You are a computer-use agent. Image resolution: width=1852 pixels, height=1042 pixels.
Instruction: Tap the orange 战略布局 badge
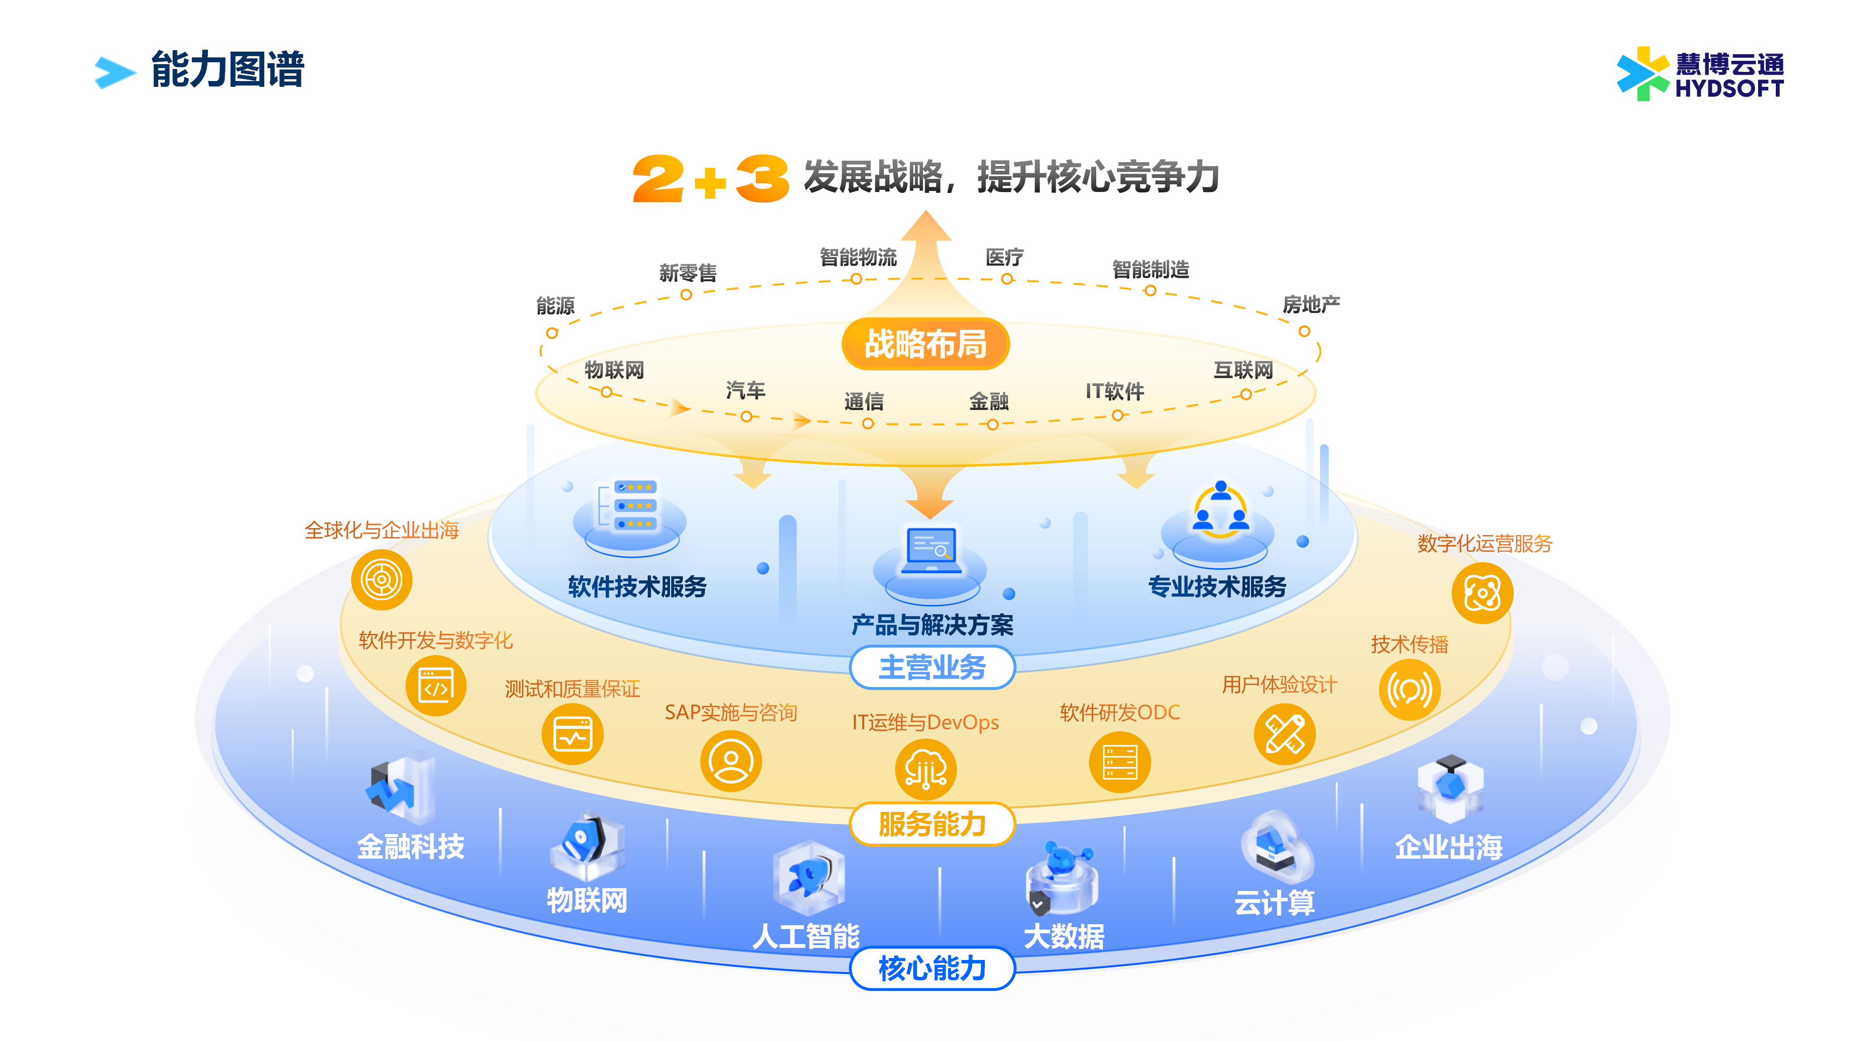[926, 344]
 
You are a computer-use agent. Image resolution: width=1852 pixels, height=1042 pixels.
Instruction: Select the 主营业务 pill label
[932, 667]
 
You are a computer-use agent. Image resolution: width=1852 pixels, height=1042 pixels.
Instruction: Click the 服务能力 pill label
[932, 824]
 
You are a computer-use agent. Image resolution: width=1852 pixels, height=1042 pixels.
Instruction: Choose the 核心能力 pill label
[932, 969]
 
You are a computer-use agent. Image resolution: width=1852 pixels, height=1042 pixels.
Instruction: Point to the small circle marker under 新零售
[686, 295]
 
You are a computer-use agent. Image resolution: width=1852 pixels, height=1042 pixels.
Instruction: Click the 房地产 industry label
[1311, 305]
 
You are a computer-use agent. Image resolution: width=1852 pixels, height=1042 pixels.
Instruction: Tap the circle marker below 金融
[992, 425]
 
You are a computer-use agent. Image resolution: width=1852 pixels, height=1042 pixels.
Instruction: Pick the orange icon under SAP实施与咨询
[731, 761]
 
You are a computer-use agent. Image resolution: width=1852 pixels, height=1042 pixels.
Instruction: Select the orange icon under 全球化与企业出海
[382, 579]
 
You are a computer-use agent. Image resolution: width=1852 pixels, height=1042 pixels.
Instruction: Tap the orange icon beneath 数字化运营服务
[1483, 593]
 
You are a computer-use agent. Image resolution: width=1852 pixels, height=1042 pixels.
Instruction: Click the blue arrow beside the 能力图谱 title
[115, 73]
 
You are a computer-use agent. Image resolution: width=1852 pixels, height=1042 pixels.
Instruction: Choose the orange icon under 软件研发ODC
[1120, 762]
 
